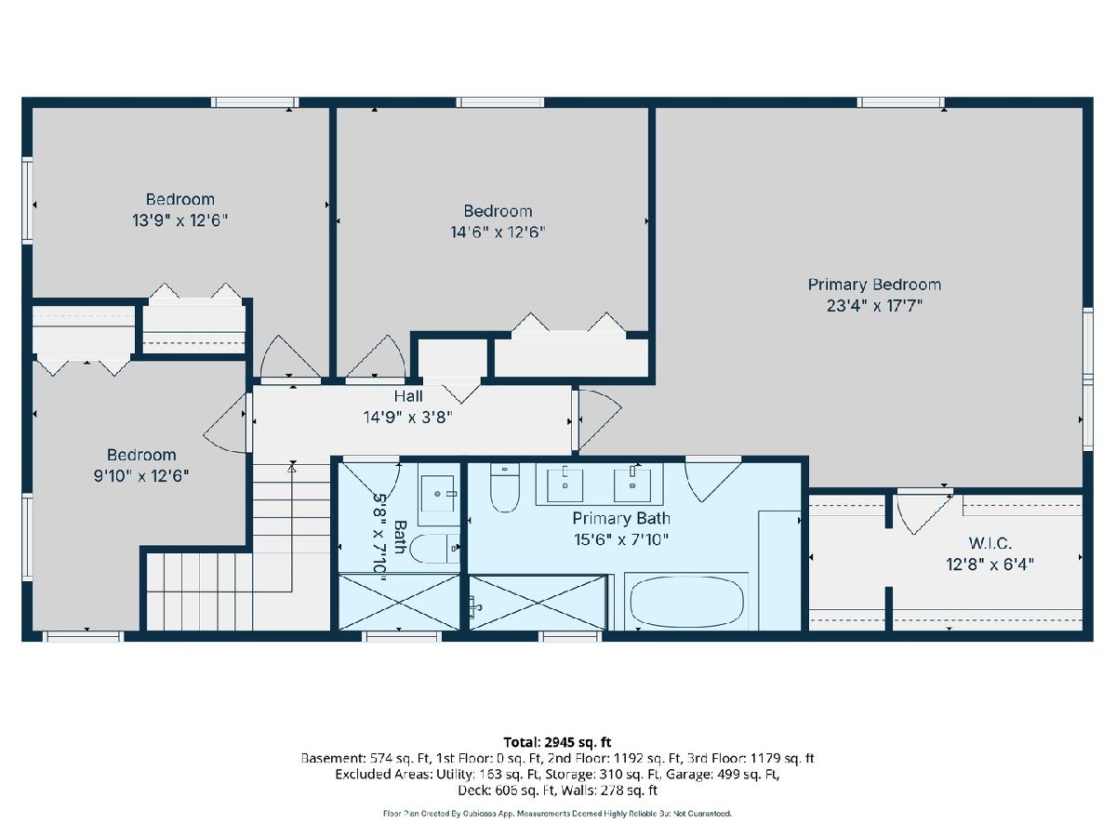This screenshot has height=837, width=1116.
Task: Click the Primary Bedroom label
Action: (874, 285)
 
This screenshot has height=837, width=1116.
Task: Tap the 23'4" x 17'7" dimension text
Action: (874, 306)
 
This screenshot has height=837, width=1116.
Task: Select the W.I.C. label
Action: (990, 543)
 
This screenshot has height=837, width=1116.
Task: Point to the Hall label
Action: (408, 396)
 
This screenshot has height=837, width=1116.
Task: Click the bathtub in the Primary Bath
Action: (686, 602)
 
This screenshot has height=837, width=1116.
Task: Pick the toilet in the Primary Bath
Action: (505, 487)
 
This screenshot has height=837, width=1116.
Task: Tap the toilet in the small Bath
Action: (434, 549)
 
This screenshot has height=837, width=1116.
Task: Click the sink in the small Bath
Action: (438, 494)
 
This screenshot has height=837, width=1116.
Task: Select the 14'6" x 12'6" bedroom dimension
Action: (498, 232)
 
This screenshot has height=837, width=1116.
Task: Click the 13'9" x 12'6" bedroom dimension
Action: (180, 220)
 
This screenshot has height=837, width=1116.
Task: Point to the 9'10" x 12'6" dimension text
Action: (141, 476)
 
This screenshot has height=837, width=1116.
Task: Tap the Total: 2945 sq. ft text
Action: (557, 742)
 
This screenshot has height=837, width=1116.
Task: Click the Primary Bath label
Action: (621, 518)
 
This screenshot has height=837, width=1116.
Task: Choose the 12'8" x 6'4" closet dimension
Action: (990, 565)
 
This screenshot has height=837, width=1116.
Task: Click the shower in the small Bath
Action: (399, 602)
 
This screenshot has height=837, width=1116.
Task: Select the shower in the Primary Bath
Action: (538, 603)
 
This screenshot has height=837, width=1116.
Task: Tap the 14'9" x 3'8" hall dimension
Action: (408, 418)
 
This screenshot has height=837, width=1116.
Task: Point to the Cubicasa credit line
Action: (557, 814)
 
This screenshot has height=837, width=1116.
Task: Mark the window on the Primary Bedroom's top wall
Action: (900, 102)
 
